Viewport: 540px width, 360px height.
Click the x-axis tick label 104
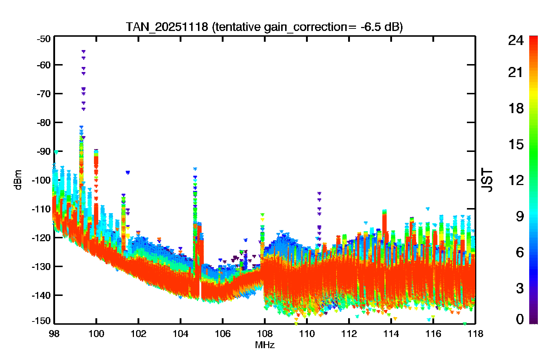[180, 334]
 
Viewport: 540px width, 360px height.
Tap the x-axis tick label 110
[307, 334]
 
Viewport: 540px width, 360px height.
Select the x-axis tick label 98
[54, 334]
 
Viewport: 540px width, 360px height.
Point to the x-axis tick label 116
[433, 334]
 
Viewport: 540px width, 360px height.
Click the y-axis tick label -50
[44, 39]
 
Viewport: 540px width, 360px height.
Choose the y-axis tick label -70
[44, 94]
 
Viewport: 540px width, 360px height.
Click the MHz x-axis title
[265, 345]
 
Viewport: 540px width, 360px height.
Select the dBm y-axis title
[18, 180]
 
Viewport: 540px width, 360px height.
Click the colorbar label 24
[516, 40]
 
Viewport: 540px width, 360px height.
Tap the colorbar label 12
[516, 180]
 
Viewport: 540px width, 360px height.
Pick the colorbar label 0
[520, 319]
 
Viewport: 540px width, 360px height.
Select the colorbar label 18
[516, 108]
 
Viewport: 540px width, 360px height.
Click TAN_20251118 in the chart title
[167, 27]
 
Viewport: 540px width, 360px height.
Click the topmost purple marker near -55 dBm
[84, 51]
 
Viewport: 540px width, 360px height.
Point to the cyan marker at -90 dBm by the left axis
[56, 152]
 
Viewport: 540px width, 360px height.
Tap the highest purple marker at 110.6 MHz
[319, 193]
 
